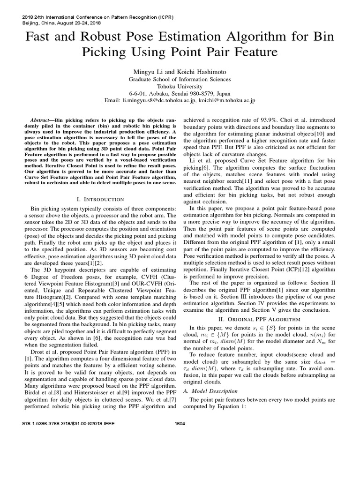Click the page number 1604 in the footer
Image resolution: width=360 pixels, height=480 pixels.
(x=180, y=423)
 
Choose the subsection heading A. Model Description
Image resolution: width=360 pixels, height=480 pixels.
(x=212, y=390)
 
